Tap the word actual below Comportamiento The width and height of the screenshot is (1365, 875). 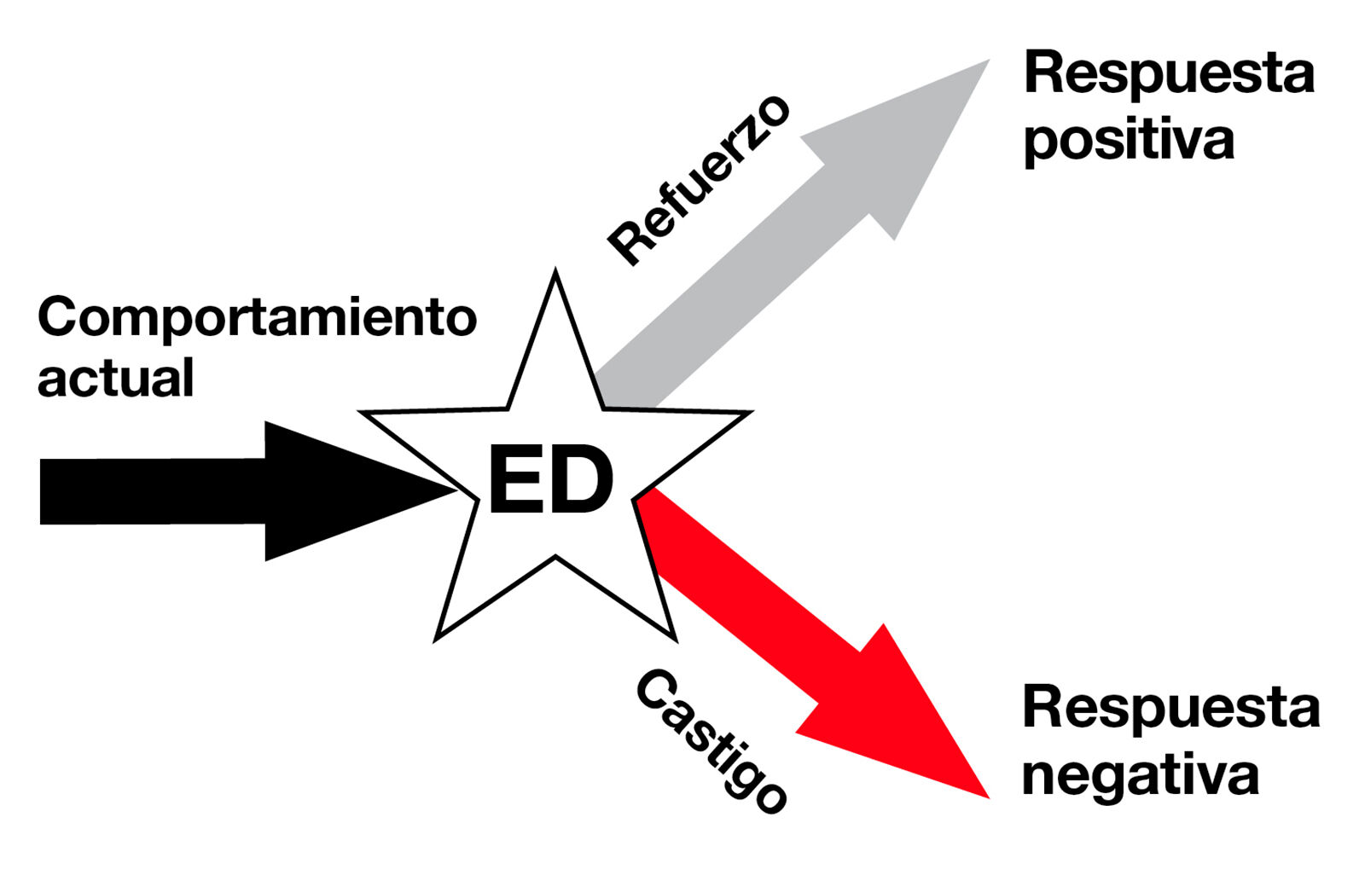click(116, 378)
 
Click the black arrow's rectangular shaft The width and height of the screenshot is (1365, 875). click(154, 491)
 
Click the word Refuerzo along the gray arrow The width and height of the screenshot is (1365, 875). click(699, 181)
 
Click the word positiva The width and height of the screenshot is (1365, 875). click(1128, 141)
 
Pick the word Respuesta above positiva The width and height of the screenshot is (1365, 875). click(1169, 74)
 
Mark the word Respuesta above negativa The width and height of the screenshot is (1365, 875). click(1170, 708)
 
